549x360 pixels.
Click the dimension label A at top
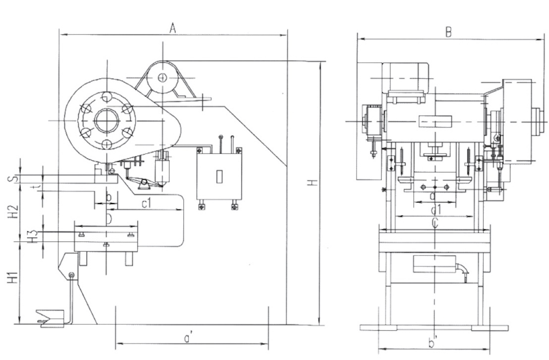pos(172,29)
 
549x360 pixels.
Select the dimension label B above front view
pos(448,32)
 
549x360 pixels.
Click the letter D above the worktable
pos(109,218)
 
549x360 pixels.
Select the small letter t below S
pos(45,186)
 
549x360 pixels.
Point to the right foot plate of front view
pos(490,328)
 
